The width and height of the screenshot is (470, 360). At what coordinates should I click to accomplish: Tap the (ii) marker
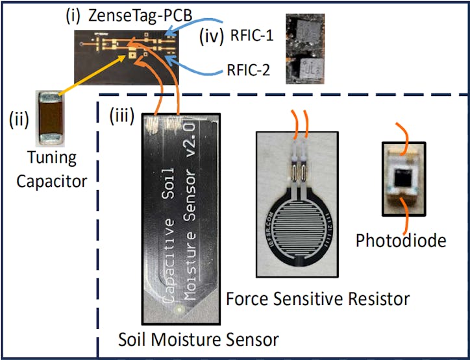18,119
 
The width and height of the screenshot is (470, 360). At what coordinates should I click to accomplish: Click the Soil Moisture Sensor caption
199,339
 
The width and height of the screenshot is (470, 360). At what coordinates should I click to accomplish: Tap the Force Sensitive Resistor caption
317,298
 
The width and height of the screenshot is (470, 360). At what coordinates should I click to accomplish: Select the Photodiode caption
401,241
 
